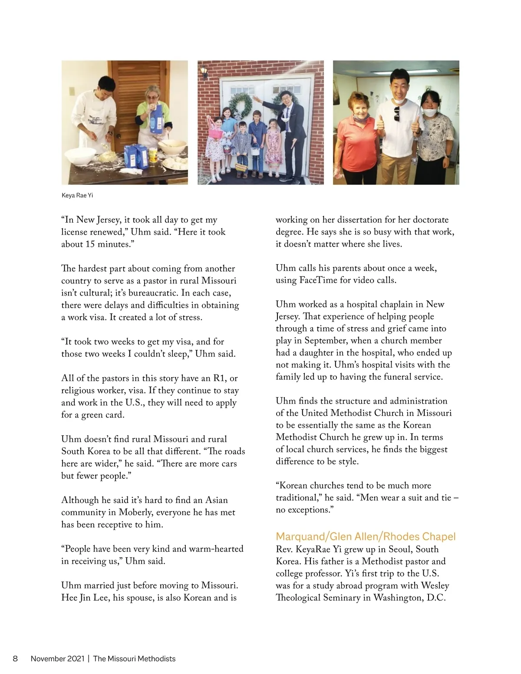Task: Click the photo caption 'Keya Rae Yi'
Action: [x=77, y=195]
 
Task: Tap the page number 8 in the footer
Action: [x=15, y=658]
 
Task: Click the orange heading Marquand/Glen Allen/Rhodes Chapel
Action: [x=366, y=536]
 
